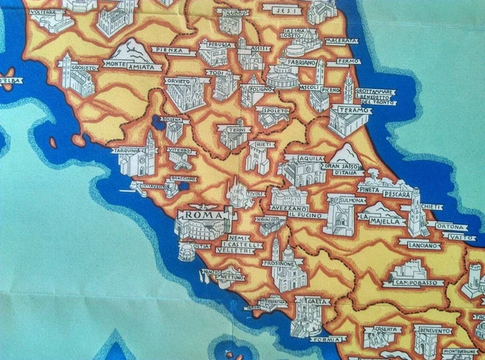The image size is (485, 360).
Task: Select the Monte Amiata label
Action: pos(133,67)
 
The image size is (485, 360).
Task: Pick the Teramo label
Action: pos(349,110)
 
